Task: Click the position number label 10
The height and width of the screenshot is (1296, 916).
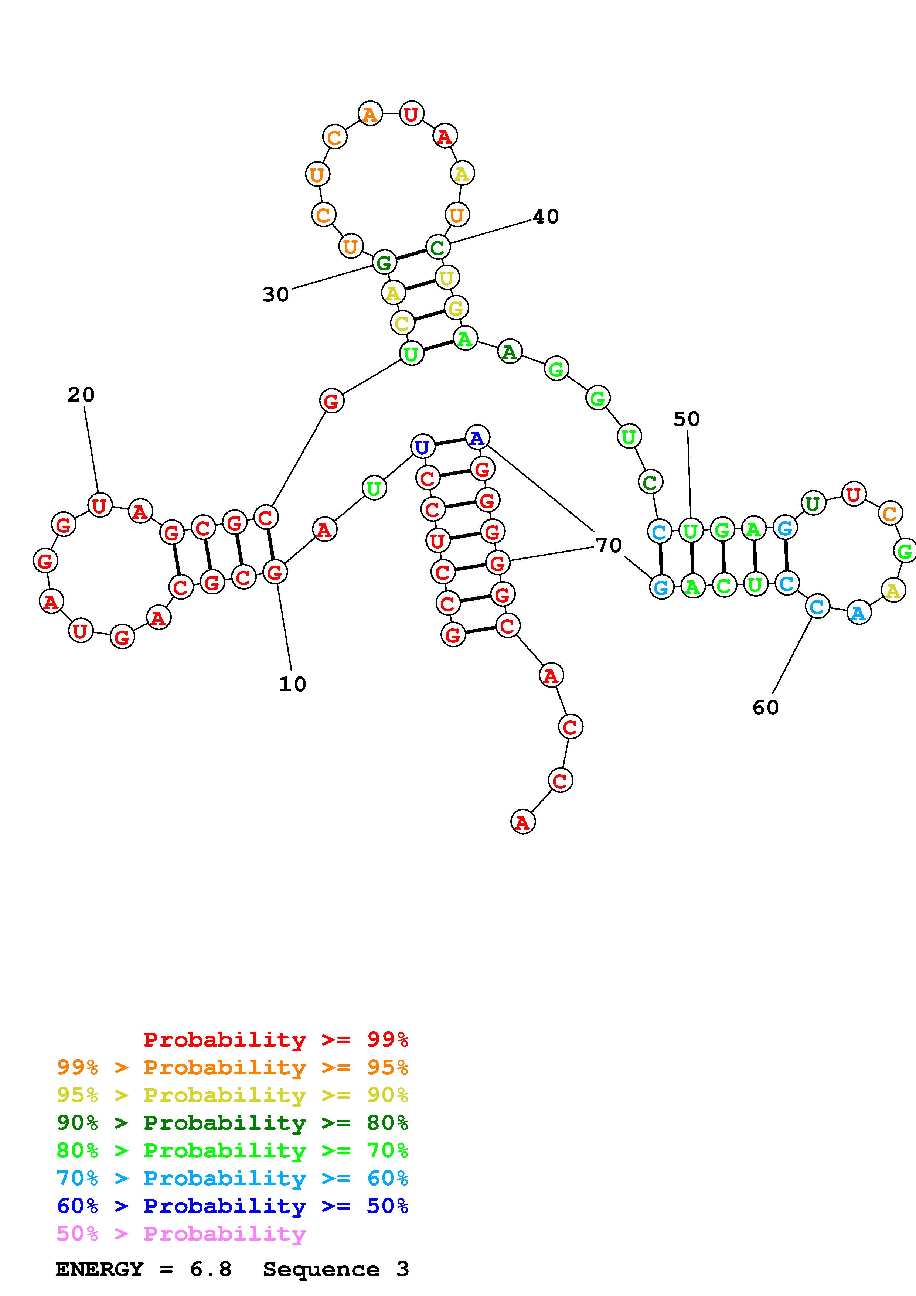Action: click(292, 684)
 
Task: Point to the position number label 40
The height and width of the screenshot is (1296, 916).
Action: click(546, 217)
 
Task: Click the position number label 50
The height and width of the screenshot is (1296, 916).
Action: click(686, 419)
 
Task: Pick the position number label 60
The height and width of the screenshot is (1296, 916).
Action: click(765, 707)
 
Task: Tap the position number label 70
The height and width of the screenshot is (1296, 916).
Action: click(609, 545)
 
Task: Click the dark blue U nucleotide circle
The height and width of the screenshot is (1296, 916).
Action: click(422, 447)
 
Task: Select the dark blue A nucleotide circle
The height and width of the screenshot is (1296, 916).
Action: click(477, 437)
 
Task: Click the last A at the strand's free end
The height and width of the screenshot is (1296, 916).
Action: click(522, 822)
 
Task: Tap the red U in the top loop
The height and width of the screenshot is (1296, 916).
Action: click(411, 114)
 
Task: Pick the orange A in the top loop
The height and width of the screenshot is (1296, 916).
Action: click(370, 115)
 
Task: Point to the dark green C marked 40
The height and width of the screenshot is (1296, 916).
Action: click(437, 247)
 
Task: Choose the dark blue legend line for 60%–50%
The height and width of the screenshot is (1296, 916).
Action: click(232, 1206)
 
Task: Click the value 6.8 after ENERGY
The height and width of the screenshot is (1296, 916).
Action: click(211, 1269)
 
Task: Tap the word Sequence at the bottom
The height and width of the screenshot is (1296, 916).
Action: click(321, 1269)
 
